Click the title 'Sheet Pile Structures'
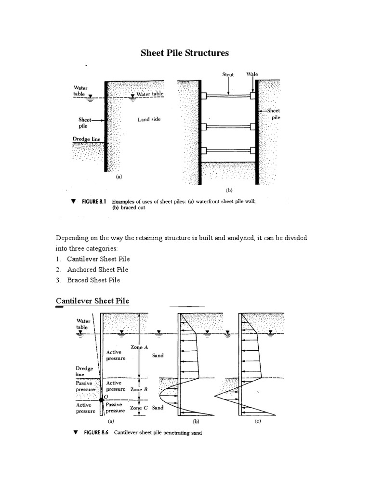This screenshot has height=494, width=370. coord(185,53)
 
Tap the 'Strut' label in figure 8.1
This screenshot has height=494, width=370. coord(228,75)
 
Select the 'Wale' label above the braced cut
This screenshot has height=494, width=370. coord(252,74)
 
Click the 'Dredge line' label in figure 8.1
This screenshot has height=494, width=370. coord(87,138)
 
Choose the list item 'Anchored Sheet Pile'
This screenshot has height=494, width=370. coord(97,270)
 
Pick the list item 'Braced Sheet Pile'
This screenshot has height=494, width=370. coord(93,280)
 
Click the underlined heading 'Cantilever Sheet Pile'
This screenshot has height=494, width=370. coord(92,301)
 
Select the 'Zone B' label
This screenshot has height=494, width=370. coord(139,389)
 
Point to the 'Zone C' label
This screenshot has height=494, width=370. coord(139,408)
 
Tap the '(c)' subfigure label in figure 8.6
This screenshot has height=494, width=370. coord(258,421)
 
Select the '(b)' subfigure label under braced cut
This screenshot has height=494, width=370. coord(228,190)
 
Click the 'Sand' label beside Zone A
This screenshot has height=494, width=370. coord(158,356)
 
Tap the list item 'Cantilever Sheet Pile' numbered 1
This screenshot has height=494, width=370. coord(98,259)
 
